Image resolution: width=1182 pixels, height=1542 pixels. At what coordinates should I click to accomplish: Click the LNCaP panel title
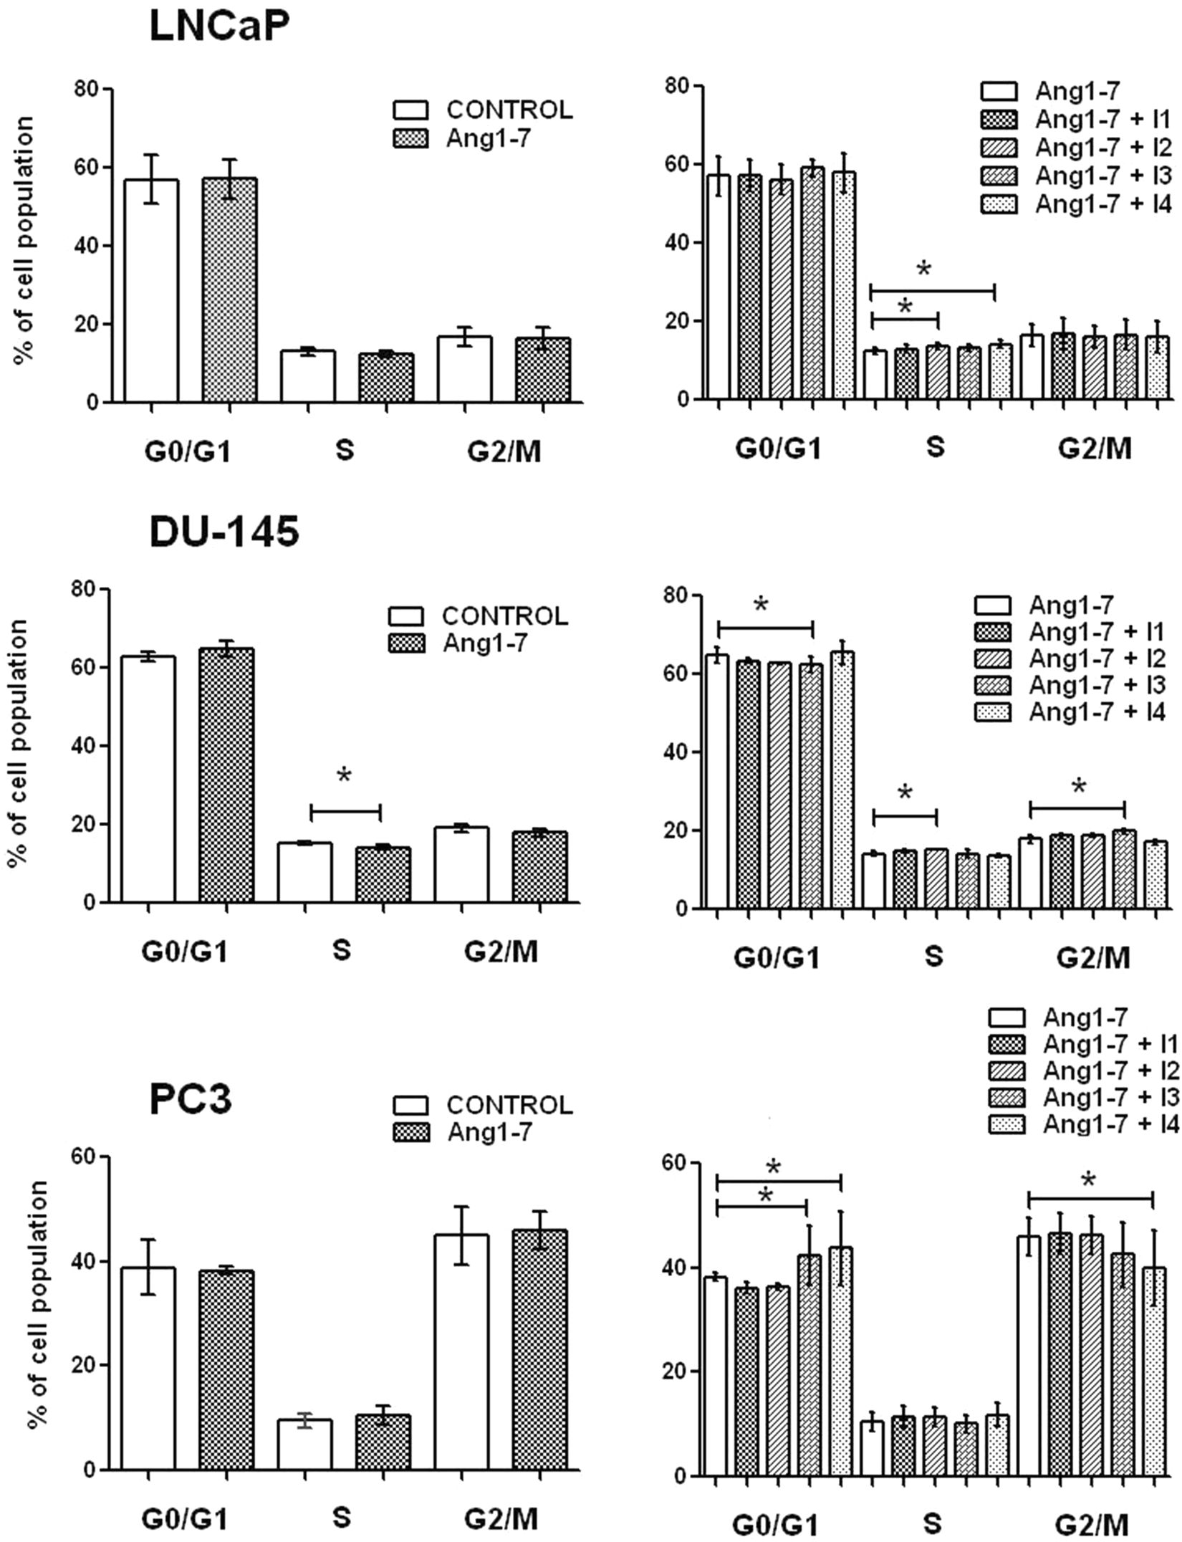219,28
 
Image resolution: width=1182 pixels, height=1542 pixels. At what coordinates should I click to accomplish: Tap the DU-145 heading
224,532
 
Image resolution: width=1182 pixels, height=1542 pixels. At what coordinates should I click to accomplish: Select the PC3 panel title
190,1101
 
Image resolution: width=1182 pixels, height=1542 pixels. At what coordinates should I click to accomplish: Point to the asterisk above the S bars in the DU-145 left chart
344,777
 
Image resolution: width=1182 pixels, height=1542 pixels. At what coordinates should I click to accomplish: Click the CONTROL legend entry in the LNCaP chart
483,110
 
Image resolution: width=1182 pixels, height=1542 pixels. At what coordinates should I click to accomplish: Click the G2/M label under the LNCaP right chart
1095,448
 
